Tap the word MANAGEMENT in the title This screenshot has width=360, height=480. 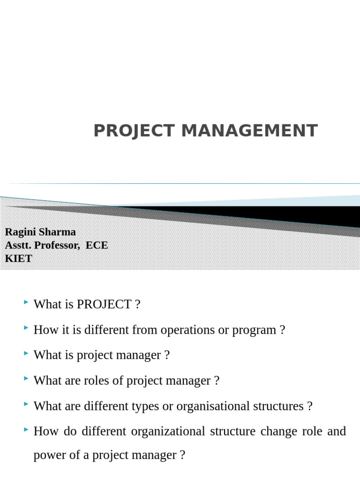point(249,131)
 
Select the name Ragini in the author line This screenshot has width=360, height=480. point(21,232)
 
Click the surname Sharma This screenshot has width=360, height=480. point(58,232)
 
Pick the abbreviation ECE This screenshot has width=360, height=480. point(97,245)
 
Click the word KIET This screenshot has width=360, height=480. point(18,258)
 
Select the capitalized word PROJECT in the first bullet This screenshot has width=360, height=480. point(104,305)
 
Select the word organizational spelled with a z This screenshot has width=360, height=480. point(168,431)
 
